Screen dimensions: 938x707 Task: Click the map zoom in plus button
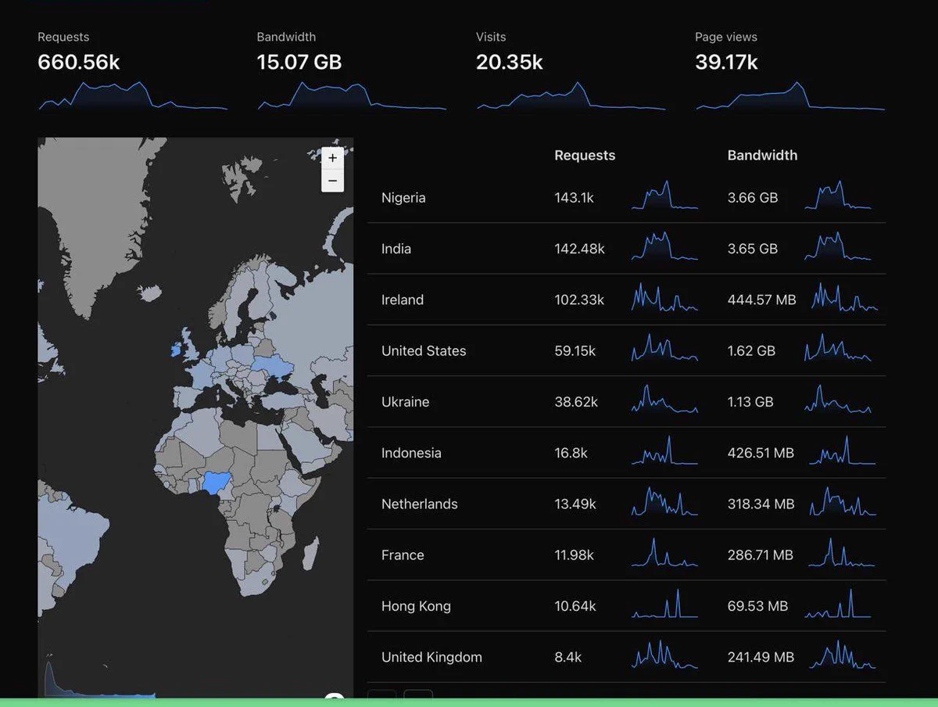(x=332, y=158)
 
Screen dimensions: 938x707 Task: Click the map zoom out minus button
(x=332, y=181)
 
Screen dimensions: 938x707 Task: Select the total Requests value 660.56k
(x=79, y=62)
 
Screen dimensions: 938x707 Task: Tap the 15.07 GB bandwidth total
(x=299, y=62)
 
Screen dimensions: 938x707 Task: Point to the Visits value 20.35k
(x=510, y=62)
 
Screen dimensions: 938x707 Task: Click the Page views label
(x=726, y=38)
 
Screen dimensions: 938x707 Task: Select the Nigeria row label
(x=403, y=198)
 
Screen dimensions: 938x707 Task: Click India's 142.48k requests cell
(x=579, y=249)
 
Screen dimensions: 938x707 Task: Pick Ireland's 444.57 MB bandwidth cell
(x=761, y=300)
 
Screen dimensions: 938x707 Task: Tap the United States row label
(x=424, y=351)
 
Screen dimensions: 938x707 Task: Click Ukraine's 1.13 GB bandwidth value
(x=750, y=402)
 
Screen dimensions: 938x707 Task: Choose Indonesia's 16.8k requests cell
(x=571, y=453)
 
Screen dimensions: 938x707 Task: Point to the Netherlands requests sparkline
(x=664, y=501)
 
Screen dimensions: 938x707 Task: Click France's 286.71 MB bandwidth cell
(x=761, y=555)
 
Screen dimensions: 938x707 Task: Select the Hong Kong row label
(x=416, y=607)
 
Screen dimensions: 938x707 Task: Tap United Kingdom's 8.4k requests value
(x=568, y=657)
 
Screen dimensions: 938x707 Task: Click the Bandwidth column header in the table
(x=762, y=155)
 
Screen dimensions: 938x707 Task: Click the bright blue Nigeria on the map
(x=217, y=483)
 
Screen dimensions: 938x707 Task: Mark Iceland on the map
(x=149, y=293)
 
